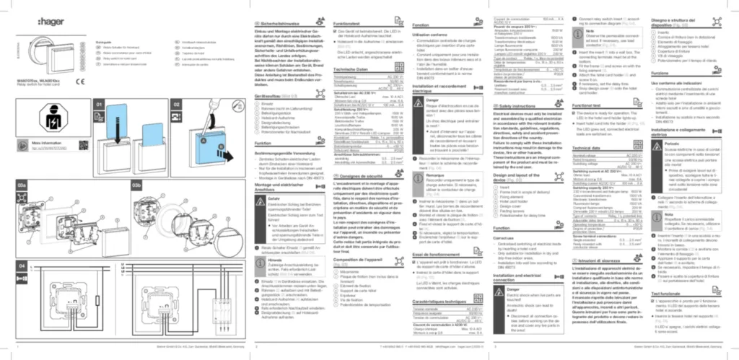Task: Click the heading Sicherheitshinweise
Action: coord(287,24)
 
